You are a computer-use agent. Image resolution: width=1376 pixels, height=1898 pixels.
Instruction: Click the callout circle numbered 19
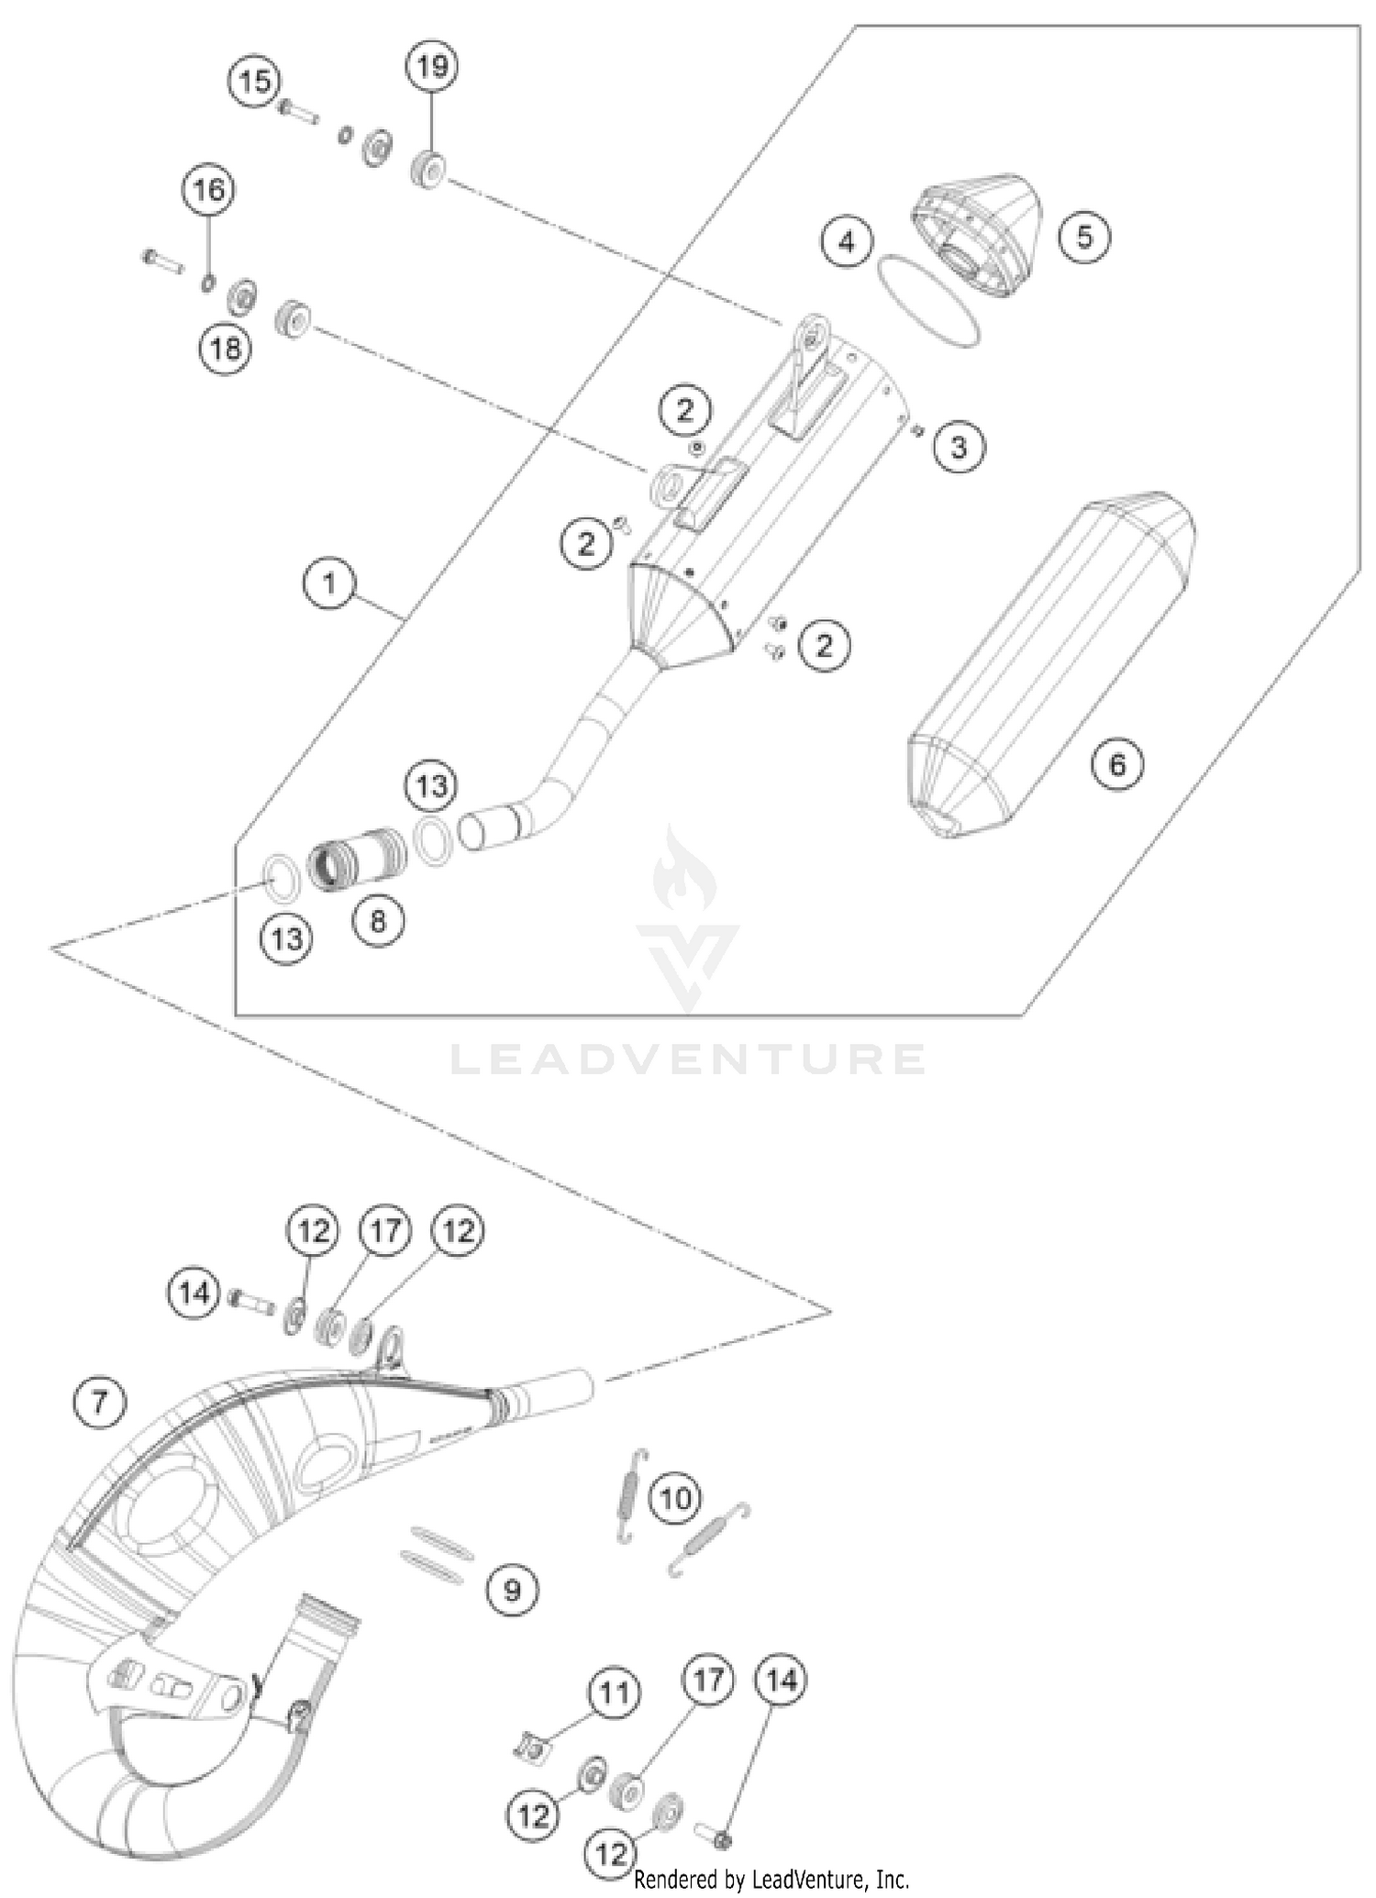coord(432,67)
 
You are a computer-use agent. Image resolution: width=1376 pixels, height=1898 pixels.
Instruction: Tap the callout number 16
coord(208,190)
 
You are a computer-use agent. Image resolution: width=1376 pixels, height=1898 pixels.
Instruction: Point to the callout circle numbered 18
coord(226,348)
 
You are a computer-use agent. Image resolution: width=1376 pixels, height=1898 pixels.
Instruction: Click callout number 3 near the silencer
coord(959,447)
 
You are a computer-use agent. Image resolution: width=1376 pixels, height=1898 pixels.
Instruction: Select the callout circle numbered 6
coord(1117,764)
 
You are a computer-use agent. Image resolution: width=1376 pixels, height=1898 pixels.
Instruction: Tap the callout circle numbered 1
coord(329,583)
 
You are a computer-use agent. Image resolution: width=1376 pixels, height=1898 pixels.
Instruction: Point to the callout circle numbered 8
coord(378,920)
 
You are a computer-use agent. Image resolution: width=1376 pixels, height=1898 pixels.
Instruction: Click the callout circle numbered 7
coord(99,1402)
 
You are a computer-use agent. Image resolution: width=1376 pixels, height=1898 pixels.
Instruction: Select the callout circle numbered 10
coord(676,1498)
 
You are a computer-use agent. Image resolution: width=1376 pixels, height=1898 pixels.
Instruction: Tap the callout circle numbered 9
coord(512,1589)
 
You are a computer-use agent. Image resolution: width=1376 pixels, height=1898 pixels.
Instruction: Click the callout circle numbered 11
coord(614,1692)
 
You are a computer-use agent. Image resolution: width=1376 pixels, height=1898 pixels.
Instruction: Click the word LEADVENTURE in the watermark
coord(688,1060)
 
